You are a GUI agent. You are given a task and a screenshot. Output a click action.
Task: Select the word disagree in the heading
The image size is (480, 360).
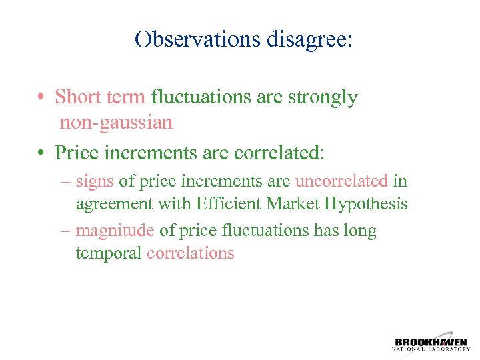click(x=307, y=39)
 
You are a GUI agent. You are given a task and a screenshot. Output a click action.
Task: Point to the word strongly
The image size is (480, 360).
click(x=323, y=97)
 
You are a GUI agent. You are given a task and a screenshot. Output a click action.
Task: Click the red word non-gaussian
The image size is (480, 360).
click(x=116, y=123)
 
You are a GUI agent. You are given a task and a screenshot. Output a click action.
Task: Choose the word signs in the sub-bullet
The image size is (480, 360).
click(x=95, y=181)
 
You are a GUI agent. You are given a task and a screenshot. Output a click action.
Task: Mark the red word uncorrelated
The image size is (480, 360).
click(x=341, y=181)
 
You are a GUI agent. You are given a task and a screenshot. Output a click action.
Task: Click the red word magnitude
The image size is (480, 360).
click(x=115, y=231)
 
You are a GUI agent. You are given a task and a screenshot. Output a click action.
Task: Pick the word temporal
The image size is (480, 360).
click(x=109, y=253)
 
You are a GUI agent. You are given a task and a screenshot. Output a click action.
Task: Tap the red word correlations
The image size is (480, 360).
click(x=191, y=253)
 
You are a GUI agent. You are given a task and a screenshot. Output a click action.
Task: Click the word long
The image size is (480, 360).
click(x=360, y=231)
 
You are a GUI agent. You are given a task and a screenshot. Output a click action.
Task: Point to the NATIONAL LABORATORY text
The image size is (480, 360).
click(x=431, y=349)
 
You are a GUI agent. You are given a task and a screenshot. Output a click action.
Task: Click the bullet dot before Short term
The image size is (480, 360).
click(x=41, y=98)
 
